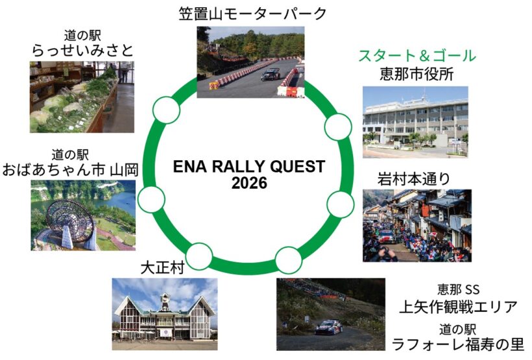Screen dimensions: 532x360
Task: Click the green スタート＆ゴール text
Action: [x=417, y=56]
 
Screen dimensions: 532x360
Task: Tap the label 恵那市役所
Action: [x=417, y=74]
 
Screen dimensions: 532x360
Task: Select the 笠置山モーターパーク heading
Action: [x=252, y=14]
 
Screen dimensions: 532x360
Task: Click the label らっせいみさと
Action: [x=82, y=51]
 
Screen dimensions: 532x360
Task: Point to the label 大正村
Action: [x=162, y=268]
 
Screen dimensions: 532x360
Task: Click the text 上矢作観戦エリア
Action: [x=458, y=307]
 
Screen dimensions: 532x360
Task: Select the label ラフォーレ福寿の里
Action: [x=458, y=344]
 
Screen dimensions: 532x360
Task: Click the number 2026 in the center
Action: [x=249, y=183]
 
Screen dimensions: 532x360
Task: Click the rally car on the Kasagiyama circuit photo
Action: [x=271, y=75]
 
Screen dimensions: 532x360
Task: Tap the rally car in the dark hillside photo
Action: [x=328, y=327]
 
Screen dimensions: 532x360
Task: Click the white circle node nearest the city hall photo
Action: [x=338, y=126]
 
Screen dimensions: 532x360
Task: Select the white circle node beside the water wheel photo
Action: [x=151, y=199]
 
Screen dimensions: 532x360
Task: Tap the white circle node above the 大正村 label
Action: [x=199, y=256]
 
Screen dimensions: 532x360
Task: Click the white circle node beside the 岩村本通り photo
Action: [x=341, y=204]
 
